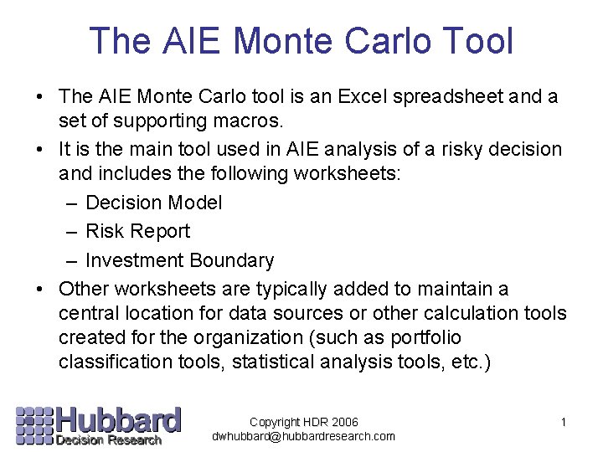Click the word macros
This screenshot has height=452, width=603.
tap(245, 121)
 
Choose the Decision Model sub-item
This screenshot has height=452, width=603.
tap(154, 203)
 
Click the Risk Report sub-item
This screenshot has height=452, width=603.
tap(138, 231)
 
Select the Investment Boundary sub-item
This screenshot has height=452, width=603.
tap(179, 260)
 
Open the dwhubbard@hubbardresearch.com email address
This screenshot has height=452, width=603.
tap(303, 436)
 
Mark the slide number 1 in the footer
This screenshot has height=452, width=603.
tap(564, 422)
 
